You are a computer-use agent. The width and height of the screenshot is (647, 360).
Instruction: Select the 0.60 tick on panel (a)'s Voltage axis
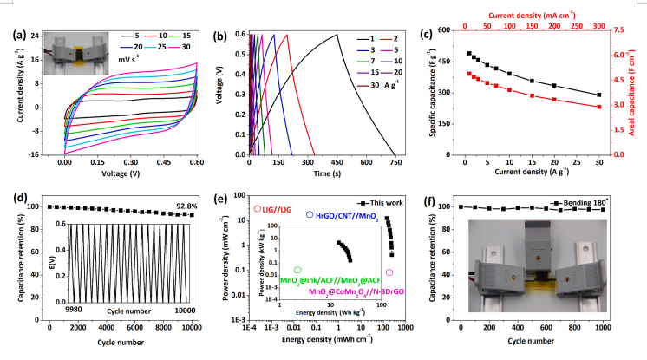click(197, 162)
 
